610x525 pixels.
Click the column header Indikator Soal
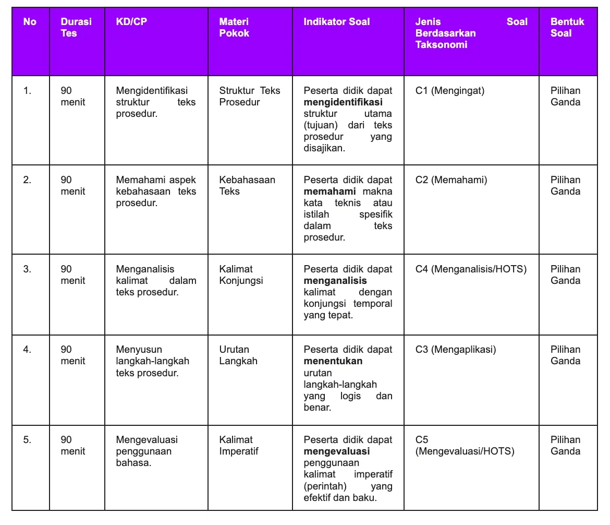coord(337,22)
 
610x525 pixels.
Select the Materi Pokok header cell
coord(234,28)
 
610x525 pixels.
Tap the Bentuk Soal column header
coord(567,28)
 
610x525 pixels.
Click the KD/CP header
coord(131,22)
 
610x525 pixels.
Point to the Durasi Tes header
coord(76,28)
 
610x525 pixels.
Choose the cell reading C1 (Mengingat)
coord(449,91)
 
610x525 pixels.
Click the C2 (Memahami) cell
coord(451,180)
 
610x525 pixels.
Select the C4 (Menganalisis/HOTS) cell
coord(471,269)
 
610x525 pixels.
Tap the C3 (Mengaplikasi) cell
coord(456,350)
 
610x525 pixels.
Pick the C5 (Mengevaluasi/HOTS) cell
coord(465,446)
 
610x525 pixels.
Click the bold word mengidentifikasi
coord(343,102)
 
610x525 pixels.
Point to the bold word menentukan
coord(333,361)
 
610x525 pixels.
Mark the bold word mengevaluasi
coord(337,451)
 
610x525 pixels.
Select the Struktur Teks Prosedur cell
coord(249,97)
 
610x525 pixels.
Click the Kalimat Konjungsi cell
coord(241,275)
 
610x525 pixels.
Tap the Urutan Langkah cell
coord(238,355)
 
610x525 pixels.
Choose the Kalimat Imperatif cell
coord(238,446)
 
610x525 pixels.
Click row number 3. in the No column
coord(27,269)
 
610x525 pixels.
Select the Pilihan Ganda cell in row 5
coord(565,446)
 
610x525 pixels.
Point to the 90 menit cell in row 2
coord(72,186)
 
